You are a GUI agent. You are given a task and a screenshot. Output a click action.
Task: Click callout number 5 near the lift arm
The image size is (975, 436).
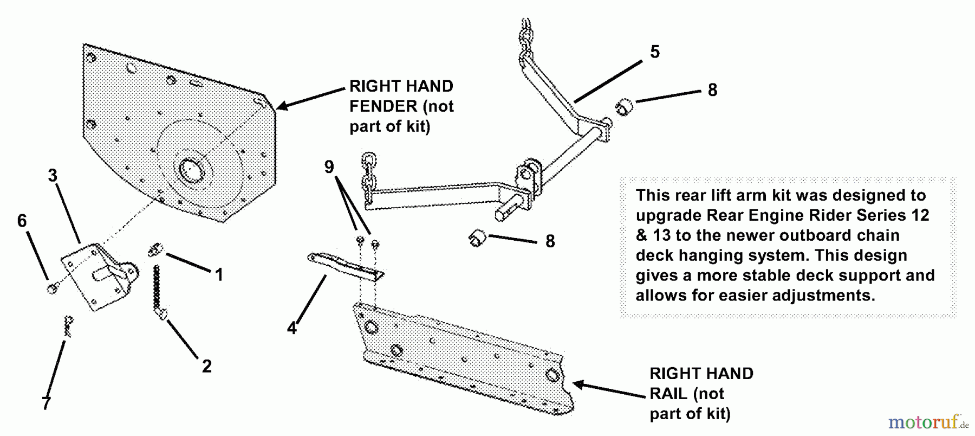[x=655, y=52]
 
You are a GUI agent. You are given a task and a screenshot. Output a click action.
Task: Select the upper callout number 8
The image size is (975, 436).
[x=712, y=90]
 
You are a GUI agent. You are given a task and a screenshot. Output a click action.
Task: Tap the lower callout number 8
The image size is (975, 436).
[x=550, y=241]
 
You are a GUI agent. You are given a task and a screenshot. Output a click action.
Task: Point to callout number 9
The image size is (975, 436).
[x=329, y=167]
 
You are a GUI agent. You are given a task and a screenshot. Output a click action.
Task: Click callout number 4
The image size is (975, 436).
[x=292, y=328]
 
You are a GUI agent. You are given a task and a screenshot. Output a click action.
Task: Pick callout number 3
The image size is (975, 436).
[x=53, y=176]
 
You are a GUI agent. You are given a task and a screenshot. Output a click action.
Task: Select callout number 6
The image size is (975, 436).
[x=22, y=221]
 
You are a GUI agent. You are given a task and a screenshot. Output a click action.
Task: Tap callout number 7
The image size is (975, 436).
[x=46, y=403]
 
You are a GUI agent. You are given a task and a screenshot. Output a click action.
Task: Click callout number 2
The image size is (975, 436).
[x=206, y=366]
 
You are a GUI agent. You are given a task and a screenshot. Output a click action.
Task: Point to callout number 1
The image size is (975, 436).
[x=219, y=275]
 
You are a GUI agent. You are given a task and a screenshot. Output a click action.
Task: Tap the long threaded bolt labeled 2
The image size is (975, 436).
[x=158, y=290]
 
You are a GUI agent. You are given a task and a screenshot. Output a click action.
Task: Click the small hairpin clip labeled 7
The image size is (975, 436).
[x=68, y=326]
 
